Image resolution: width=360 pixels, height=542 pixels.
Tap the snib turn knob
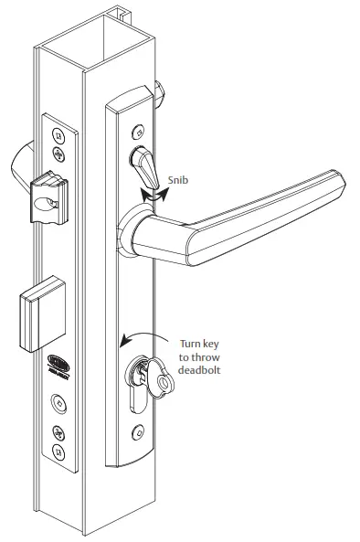click(x=143, y=165)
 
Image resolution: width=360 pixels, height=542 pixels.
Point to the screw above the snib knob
click(x=137, y=130)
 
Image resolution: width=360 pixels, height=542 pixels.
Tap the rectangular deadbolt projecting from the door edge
click(x=39, y=314)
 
